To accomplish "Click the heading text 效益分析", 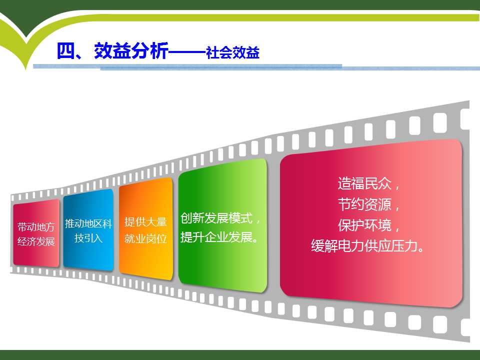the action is [x=131, y=50].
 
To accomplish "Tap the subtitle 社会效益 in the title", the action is [x=232, y=52].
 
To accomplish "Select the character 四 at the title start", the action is [x=66, y=50].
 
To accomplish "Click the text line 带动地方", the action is [x=36, y=227].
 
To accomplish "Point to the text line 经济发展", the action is [x=36, y=241].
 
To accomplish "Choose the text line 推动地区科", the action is [x=88, y=223].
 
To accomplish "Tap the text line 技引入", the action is [x=88, y=238].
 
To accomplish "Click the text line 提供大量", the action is [x=145, y=222].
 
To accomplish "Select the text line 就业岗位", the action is [x=145, y=238].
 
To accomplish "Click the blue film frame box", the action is [x=88, y=230].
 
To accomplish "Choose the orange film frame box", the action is [x=145, y=228].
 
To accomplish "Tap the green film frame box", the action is [x=223, y=225].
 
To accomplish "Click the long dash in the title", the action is [x=187, y=52].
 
